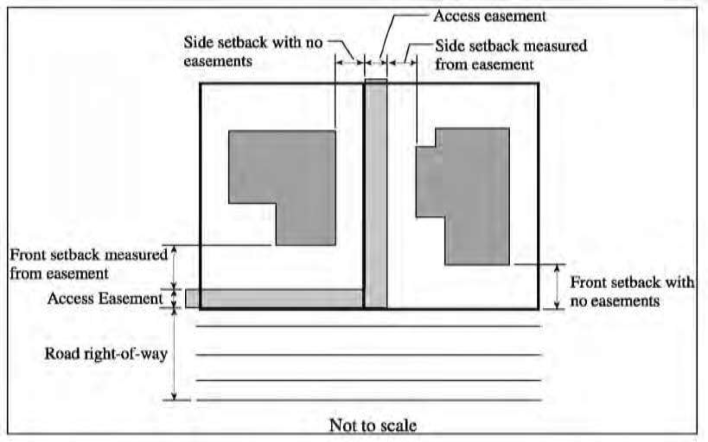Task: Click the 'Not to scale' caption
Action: pos(373,425)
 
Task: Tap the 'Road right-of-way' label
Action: pos(106,354)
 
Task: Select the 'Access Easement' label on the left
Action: pos(105,298)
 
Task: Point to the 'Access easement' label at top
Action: pos(490,16)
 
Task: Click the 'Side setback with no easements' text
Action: pos(253,51)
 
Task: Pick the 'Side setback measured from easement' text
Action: pos(511,55)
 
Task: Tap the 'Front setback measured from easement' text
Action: pos(88,264)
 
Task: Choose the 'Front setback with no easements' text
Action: pos(632,291)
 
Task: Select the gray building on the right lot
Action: pos(475,194)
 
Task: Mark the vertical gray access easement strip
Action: pos(376,194)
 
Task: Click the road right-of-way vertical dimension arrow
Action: pos(174,354)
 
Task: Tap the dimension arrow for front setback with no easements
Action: pos(557,286)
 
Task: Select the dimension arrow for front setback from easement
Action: pos(174,267)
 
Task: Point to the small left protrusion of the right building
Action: pos(426,181)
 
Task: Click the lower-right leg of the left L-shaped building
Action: pos(306,224)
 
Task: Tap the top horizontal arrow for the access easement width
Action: pos(376,63)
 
